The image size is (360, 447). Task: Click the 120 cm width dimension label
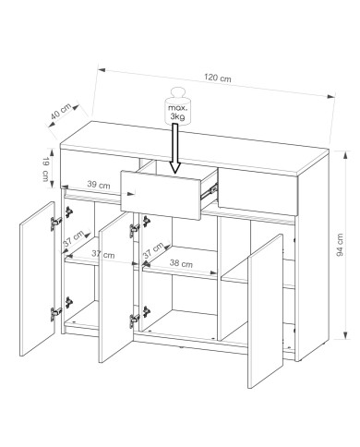click(218, 78)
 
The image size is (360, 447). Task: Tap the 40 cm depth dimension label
click(61, 112)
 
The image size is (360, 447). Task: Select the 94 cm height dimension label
click(340, 245)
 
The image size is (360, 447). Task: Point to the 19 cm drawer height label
click(45, 169)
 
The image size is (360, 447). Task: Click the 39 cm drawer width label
click(99, 185)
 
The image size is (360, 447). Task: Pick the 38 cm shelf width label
click(181, 263)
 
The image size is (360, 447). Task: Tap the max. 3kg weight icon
click(177, 106)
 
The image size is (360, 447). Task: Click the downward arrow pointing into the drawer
click(174, 149)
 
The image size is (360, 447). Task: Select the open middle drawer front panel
click(161, 195)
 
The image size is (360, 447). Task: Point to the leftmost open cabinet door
click(37, 279)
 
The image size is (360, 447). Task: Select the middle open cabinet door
click(116, 287)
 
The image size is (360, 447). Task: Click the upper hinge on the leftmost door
click(56, 223)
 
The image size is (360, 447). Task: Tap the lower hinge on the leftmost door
click(56, 313)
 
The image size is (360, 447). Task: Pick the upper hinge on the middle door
click(135, 230)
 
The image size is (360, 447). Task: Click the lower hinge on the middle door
click(135, 320)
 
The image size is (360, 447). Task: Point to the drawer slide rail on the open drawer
click(210, 190)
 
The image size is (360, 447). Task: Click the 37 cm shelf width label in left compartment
click(103, 254)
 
